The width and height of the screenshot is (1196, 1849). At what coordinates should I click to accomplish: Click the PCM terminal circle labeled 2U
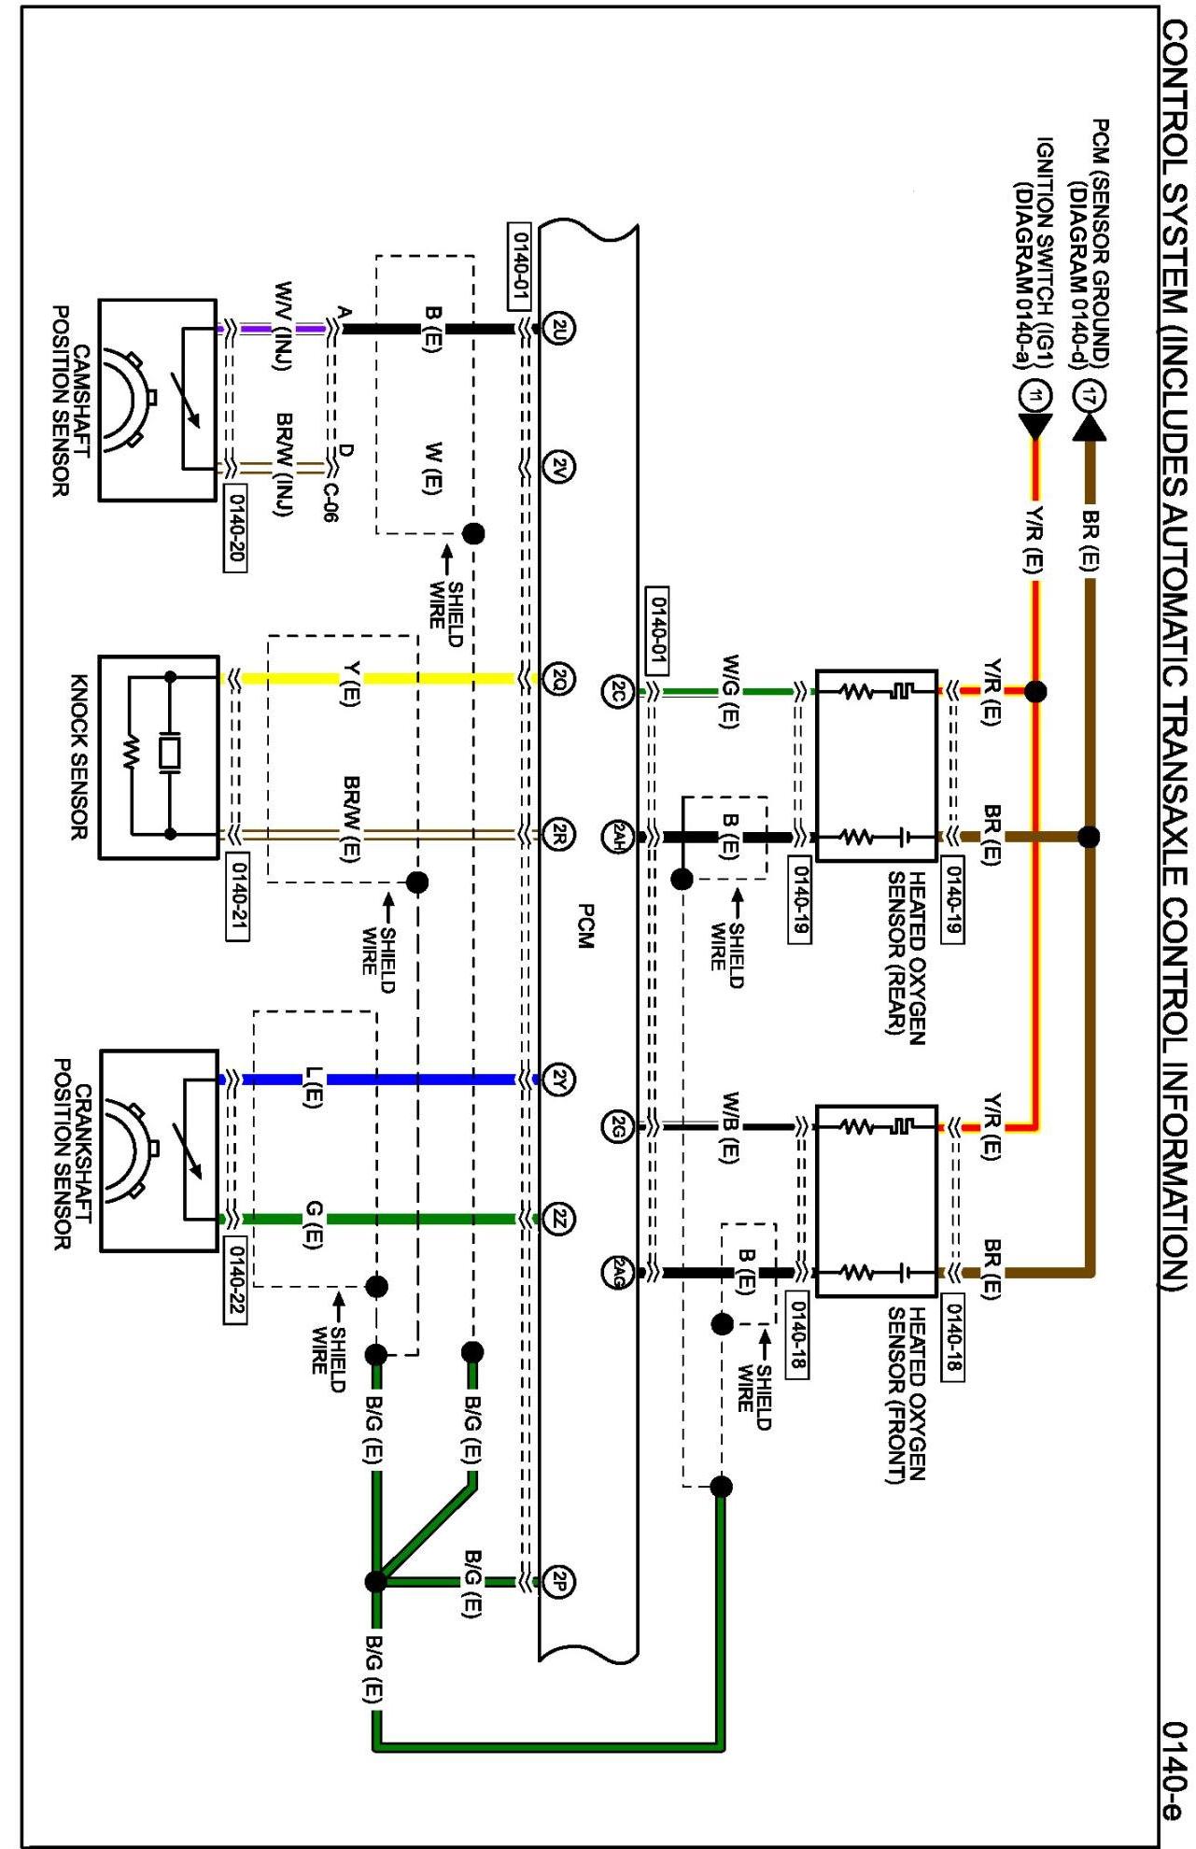(558, 328)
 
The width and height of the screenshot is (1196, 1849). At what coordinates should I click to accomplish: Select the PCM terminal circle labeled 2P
(558, 1582)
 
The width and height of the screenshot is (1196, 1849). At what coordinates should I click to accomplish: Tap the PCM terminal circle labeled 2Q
(558, 678)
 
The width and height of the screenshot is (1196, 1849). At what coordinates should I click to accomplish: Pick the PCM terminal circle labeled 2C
(617, 692)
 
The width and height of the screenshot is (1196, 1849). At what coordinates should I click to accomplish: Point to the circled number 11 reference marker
(1034, 396)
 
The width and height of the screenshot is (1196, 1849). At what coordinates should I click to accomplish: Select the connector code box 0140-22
(235, 1281)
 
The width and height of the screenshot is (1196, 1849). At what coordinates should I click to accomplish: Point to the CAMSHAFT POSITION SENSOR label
(71, 401)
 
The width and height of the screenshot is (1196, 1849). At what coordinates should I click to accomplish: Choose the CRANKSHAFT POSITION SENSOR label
(72, 1153)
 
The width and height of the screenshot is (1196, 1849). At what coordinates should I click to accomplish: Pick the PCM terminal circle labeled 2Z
(558, 1219)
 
